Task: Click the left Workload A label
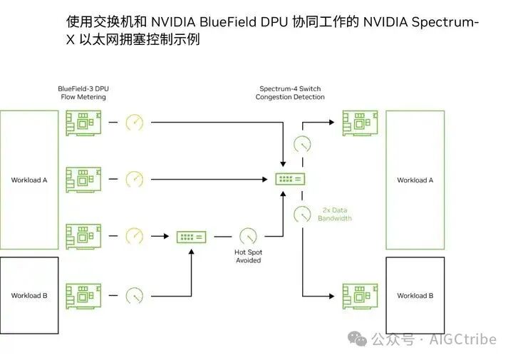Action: pyautogui.click(x=29, y=180)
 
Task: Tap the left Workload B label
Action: pyautogui.click(x=29, y=295)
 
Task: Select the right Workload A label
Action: pyautogui.click(x=415, y=180)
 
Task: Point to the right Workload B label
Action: pyautogui.click(x=415, y=295)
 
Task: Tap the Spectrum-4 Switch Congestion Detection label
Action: pyautogui.click(x=290, y=93)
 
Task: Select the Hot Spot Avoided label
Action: pyautogui.click(x=248, y=256)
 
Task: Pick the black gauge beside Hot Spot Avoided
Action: pyautogui.click(x=247, y=235)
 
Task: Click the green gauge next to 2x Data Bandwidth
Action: pyautogui.click(x=303, y=213)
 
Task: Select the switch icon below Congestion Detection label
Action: pyautogui.click(x=290, y=179)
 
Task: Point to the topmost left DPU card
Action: pyautogui.click(x=83, y=123)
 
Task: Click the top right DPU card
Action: pyautogui.click(x=360, y=123)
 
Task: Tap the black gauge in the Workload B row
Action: pyautogui.click(x=135, y=294)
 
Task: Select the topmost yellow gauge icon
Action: pyautogui.click(x=135, y=122)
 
